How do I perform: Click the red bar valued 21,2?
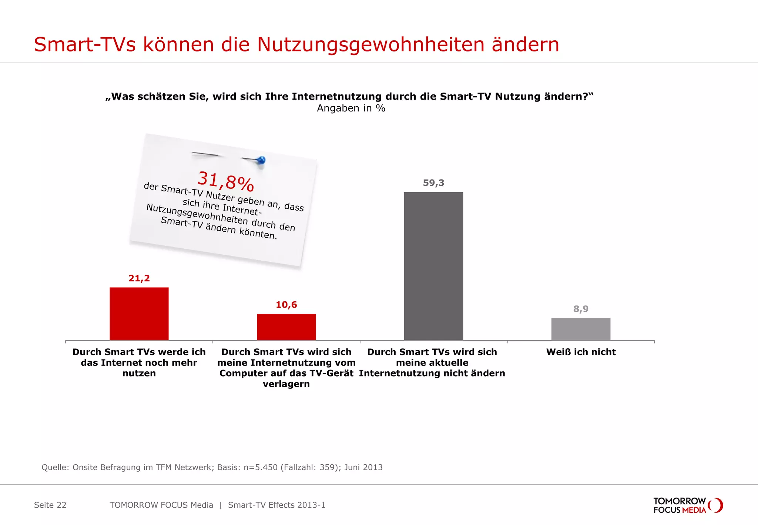click(x=139, y=314)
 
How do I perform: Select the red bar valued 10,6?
click(x=286, y=327)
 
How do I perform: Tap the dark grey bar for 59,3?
click(x=433, y=266)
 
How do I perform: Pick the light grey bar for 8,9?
click(x=581, y=329)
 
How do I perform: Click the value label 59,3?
click(x=433, y=183)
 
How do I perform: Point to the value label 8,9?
click(x=581, y=309)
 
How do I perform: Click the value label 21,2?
click(x=139, y=278)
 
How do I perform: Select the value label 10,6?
click(x=286, y=305)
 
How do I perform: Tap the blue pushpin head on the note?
click(x=261, y=160)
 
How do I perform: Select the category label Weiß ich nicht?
click(x=581, y=352)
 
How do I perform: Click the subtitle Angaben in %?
click(x=351, y=108)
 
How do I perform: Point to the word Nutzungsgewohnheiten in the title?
click(x=370, y=45)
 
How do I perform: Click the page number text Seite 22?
click(x=50, y=505)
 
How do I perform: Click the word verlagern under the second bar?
click(x=286, y=384)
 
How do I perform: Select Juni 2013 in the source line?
click(x=363, y=467)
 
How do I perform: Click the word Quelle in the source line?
click(x=55, y=467)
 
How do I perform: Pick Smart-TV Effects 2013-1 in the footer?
click(x=276, y=505)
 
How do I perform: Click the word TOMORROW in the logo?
click(x=680, y=501)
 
